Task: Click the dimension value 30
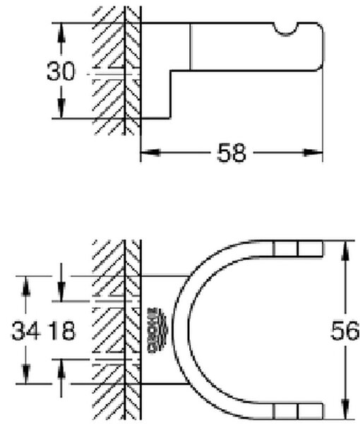(60, 71)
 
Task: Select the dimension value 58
(232, 153)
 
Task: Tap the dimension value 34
(25, 331)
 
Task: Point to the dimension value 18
(63, 331)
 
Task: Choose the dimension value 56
(345, 331)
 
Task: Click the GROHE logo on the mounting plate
(157, 330)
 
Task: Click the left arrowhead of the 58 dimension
(150, 153)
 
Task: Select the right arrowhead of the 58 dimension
(313, 153)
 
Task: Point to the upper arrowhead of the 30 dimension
(61, 33)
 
